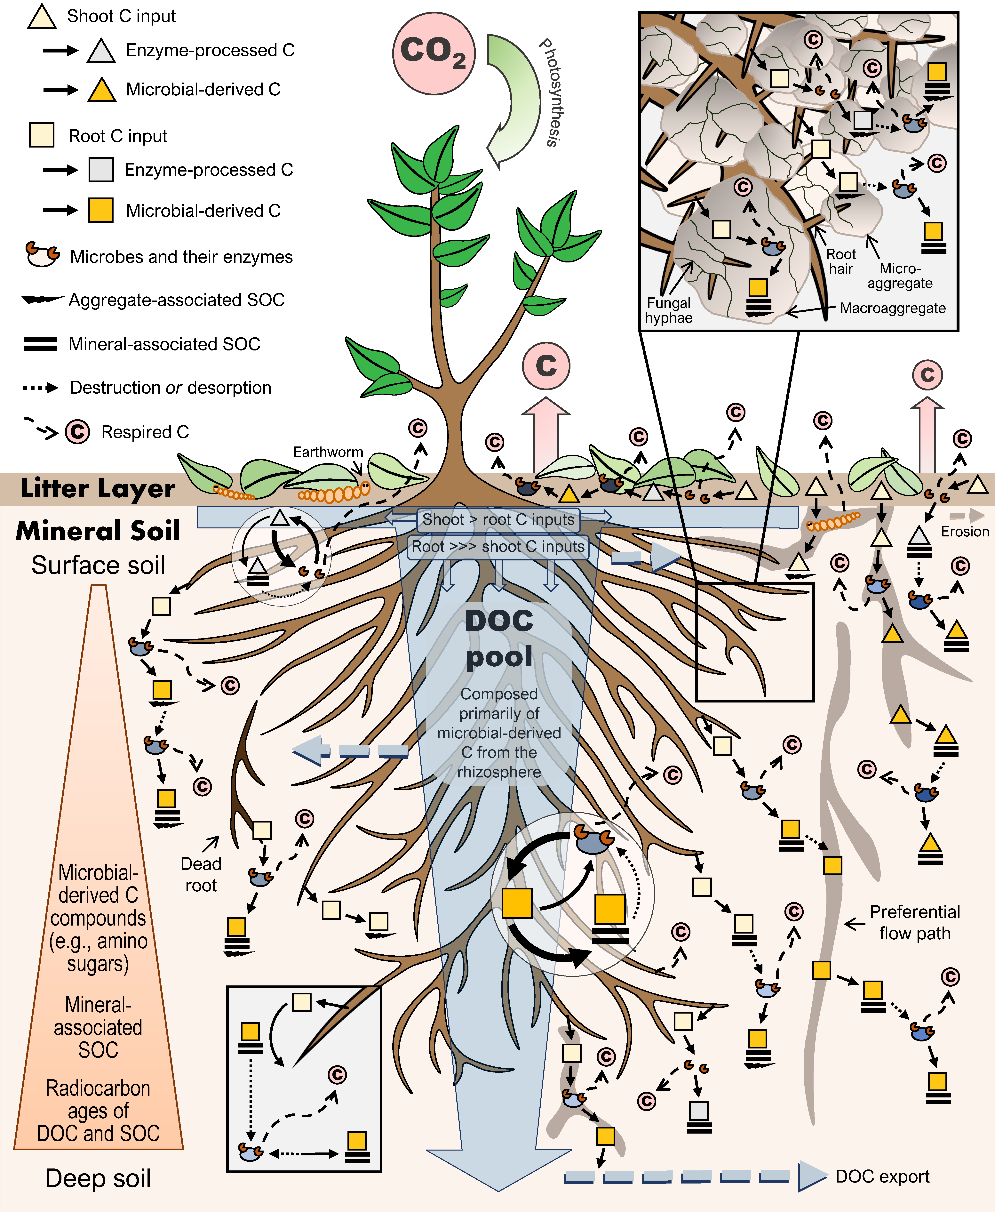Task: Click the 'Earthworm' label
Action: pos(328,452)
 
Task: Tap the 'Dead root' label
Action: pos(201,874)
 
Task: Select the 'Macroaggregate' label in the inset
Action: pos(892,309)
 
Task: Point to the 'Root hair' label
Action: pos(841,261)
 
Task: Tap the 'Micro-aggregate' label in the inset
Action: pos(900,276)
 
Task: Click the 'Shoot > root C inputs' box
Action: pos(498,519)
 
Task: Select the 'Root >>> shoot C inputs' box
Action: pos(498,546)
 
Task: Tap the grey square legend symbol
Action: pos(101,170)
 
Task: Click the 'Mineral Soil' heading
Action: pos(97,530)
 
